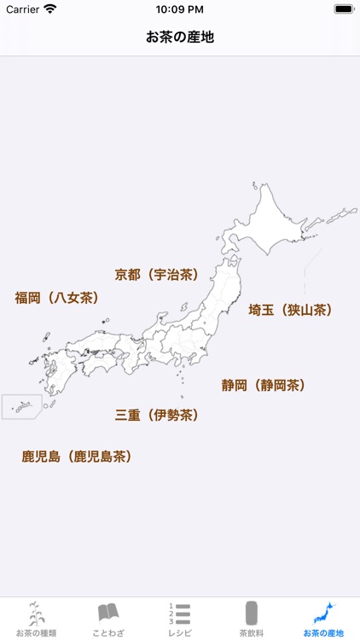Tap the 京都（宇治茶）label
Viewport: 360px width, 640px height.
[157, 275]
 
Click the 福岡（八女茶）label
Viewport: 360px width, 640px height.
[57, 298]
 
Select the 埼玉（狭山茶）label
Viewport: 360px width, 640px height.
[290, 310]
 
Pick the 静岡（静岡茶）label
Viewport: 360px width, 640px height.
[264, 385]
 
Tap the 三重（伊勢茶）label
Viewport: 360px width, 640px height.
[157, 416]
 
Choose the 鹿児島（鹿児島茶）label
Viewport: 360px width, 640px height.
[77, 457]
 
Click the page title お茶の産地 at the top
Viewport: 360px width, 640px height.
[180, 38]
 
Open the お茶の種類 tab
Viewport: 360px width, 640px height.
[36, 619]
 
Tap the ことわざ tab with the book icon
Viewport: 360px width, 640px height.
[108, 619]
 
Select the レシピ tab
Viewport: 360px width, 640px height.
[180, 619]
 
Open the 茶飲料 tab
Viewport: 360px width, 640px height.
[252, 619]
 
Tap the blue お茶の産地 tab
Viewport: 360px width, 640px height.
[323, 619]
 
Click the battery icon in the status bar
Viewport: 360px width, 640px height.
[344, 9]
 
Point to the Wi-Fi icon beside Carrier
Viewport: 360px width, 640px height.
[50, 9]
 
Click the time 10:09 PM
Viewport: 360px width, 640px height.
[180, 9]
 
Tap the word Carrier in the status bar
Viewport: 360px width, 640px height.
[23, 9]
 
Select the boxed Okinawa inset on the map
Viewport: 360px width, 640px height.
[21, 406]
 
